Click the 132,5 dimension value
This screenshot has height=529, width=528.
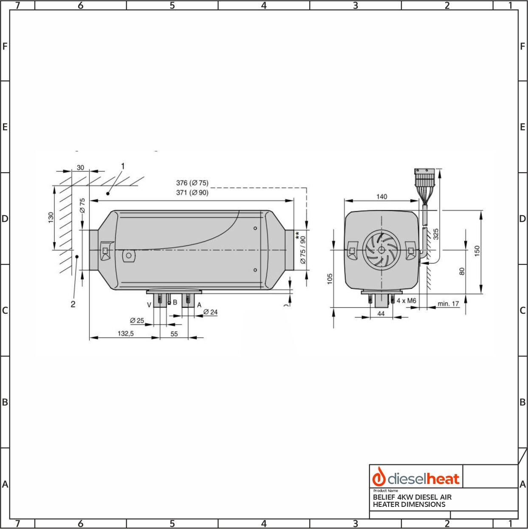[126, 333]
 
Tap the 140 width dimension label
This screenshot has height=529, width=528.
[381, 196]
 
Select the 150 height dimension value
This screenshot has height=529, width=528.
[477, 251]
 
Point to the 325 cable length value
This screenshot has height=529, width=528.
[436, 234]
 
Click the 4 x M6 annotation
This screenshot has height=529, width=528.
[406, 301]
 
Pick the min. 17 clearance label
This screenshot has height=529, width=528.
[448, 304]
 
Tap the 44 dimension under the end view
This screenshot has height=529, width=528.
[381, 313]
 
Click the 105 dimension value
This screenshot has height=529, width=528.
[330, 279]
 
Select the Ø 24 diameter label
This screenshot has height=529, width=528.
[210, 312]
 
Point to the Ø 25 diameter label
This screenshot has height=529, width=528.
[137, 320]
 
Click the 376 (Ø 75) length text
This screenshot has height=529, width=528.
[192, 183]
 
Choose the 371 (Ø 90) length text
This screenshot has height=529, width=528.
[192, 193]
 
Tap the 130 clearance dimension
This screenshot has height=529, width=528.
[51, 217]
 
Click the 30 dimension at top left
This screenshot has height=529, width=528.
[80, 168]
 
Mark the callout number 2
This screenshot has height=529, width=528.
[73, 304]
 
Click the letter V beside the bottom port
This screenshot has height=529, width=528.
[149, 305]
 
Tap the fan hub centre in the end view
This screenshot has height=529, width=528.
[381, 250]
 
